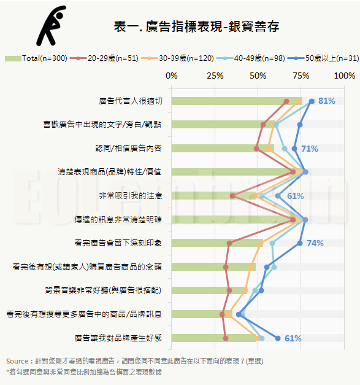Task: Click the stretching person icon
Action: [x=52, y=26]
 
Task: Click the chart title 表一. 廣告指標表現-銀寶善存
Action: [x=196, y=26]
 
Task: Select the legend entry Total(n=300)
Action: [x=36, y=58]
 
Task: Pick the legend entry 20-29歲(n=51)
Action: [x=104, y=58]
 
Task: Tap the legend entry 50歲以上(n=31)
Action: [x=323, y=58]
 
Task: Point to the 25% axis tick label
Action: [x=215, y=76]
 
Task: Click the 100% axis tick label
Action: [x=344, y=76]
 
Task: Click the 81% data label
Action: [x=327, y=101]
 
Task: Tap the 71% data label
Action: [x=310, y=149]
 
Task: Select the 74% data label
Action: [x=315, y=243]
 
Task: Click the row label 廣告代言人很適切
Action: [x=131, y=101]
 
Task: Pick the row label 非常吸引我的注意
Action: [x=131, y=196]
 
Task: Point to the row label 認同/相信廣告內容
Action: [x=129, y=149]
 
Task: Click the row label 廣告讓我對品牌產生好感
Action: [x=118, y=338]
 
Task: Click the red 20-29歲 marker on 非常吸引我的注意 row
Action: [x=232, y=196]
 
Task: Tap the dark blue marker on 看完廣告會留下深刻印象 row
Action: [x=300, y=243]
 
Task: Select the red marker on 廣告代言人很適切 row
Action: [x=286, y=101]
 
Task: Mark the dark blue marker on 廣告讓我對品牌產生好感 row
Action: [x=278, y=338]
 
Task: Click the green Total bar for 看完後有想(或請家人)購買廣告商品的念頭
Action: [x=213, y=267]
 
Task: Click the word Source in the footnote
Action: [x=17, y=361]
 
